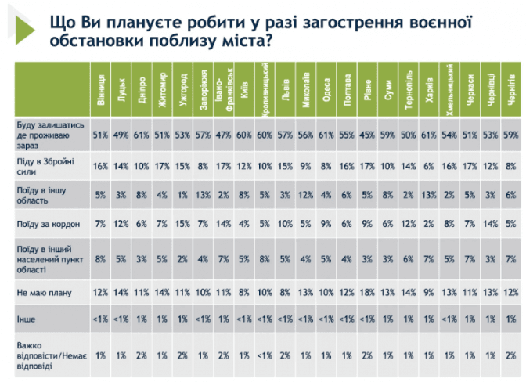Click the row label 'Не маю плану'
tap(39, 292)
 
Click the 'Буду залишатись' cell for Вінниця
tap(100, 135)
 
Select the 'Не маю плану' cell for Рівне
tap(367, 292)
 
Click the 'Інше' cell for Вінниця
tap(100, 319)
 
